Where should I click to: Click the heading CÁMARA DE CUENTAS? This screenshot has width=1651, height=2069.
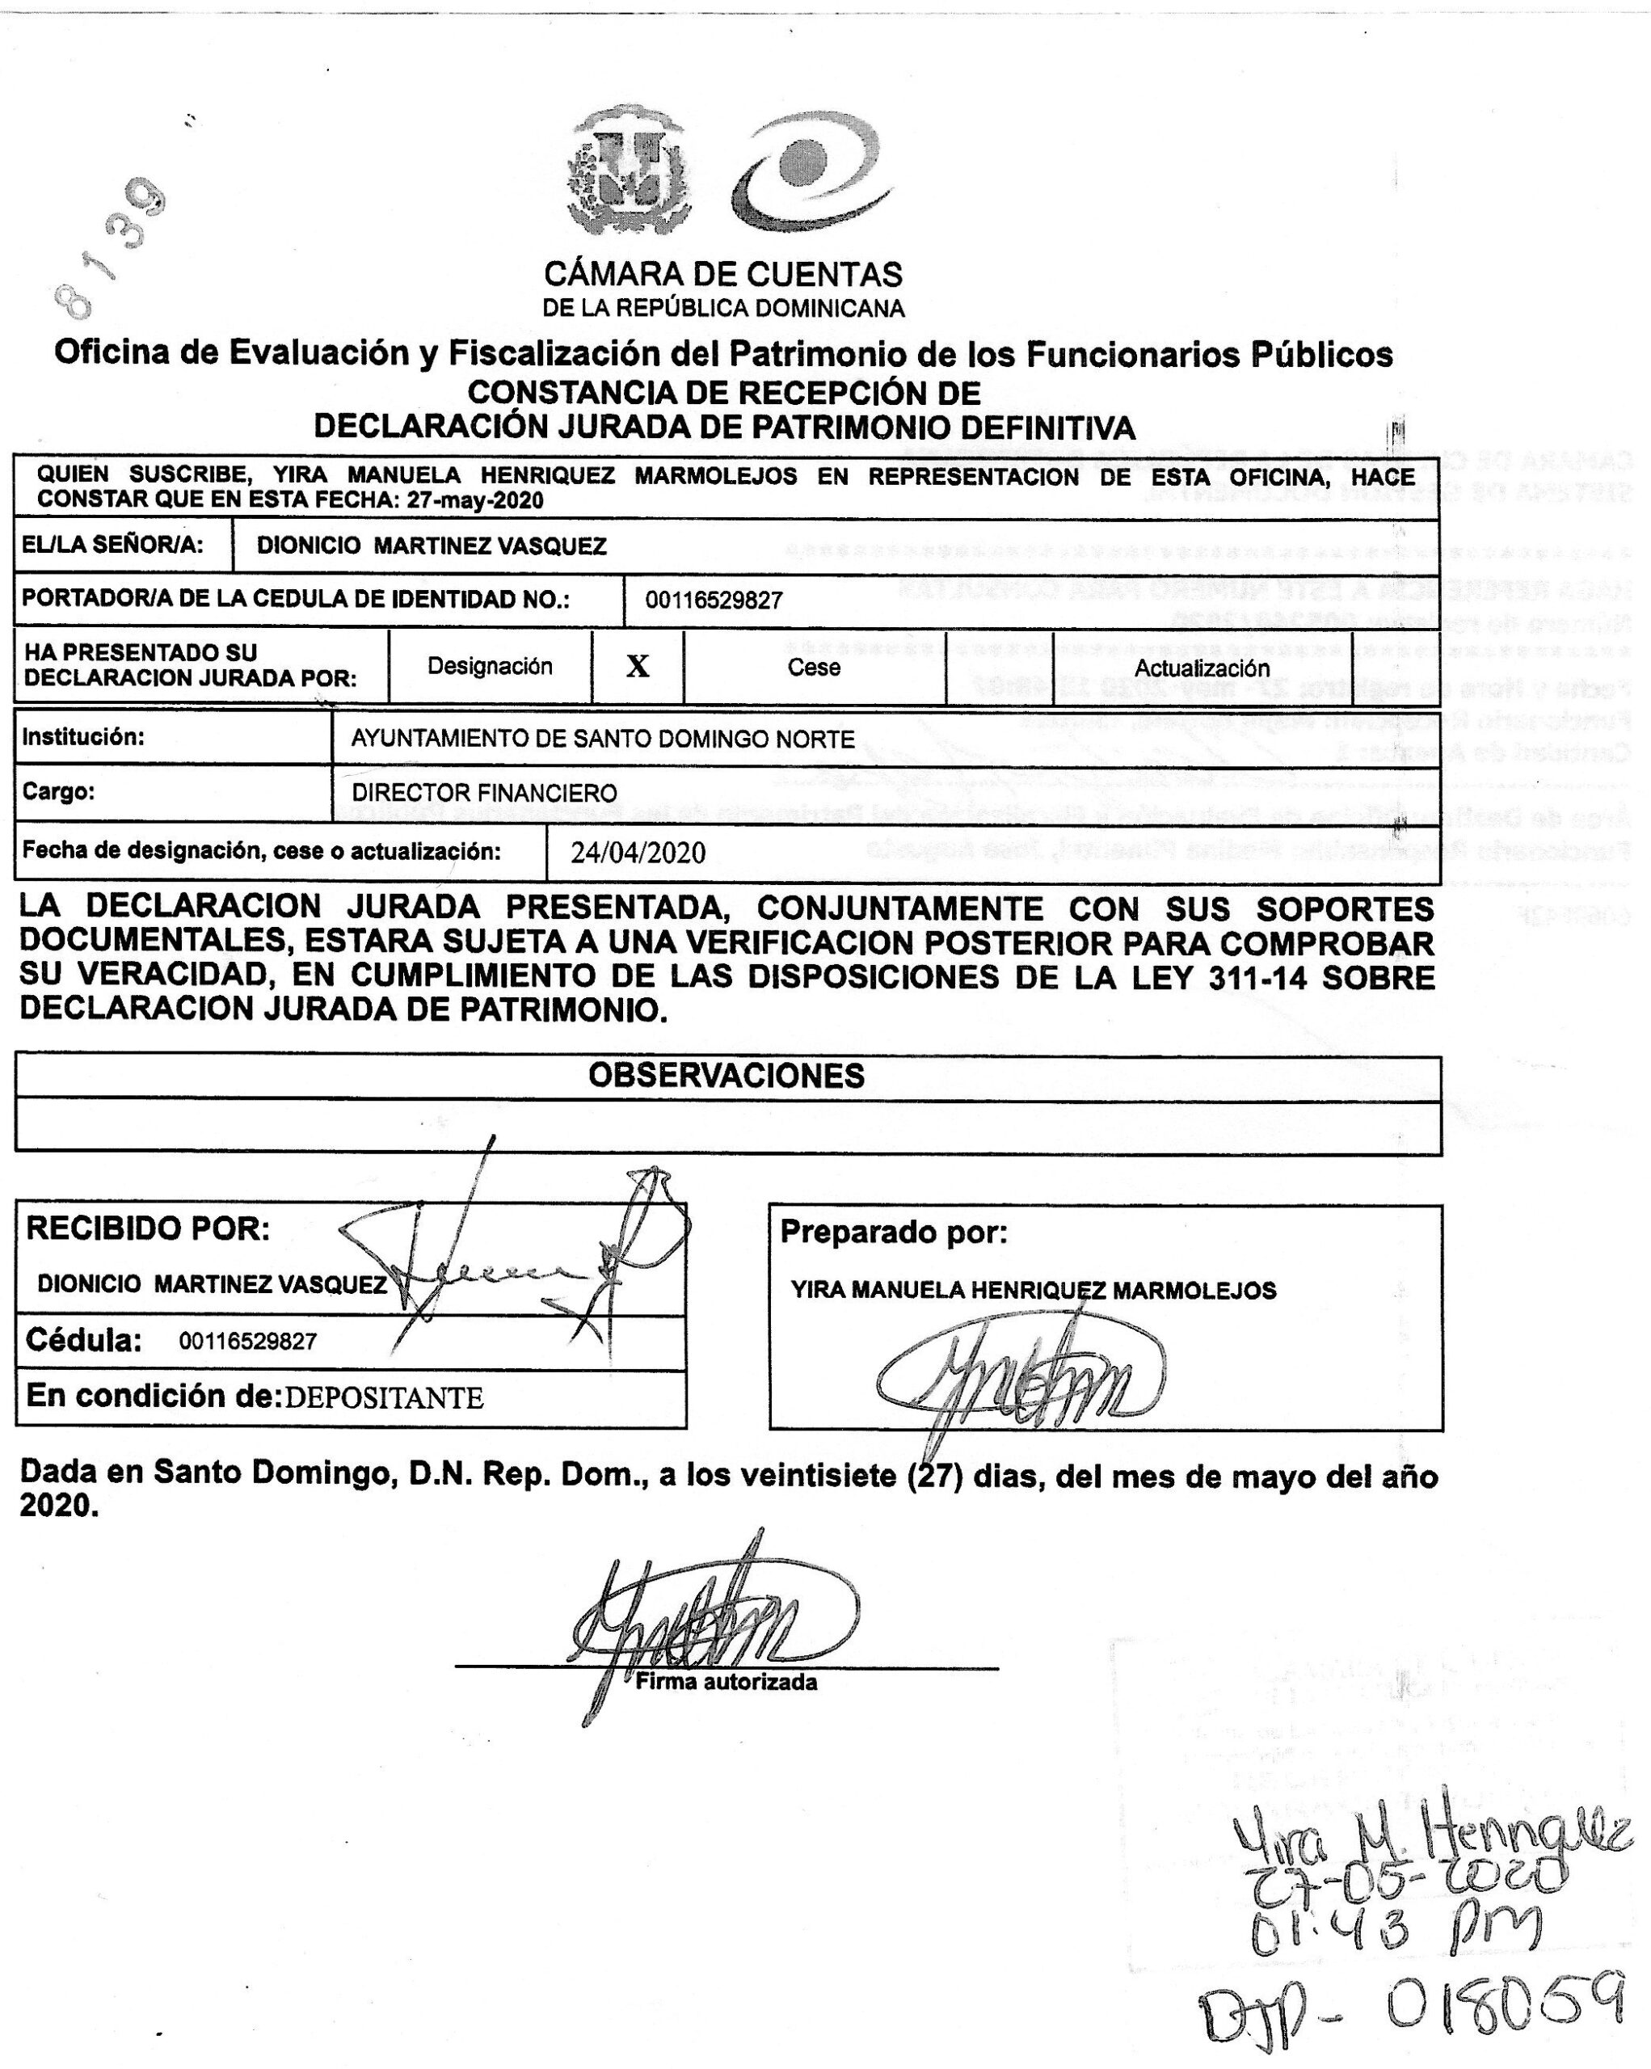coord(722,275)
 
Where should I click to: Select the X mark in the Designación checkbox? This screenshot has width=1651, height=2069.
coord(637,667)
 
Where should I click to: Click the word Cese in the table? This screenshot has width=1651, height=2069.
coord(814,667)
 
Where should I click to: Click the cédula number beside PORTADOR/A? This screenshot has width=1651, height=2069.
coord(714,600)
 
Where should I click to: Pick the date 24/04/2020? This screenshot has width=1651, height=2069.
coord(638,852)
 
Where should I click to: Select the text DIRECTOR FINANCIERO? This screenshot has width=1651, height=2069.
coord(484,793)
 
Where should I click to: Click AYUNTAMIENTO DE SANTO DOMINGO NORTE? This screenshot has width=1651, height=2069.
coord(602,739)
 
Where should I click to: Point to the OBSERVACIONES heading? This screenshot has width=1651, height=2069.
coord(727,1076)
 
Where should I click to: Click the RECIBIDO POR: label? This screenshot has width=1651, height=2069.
coord(148,1228)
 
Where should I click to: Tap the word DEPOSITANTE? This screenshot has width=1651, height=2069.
coord(384,1397)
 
